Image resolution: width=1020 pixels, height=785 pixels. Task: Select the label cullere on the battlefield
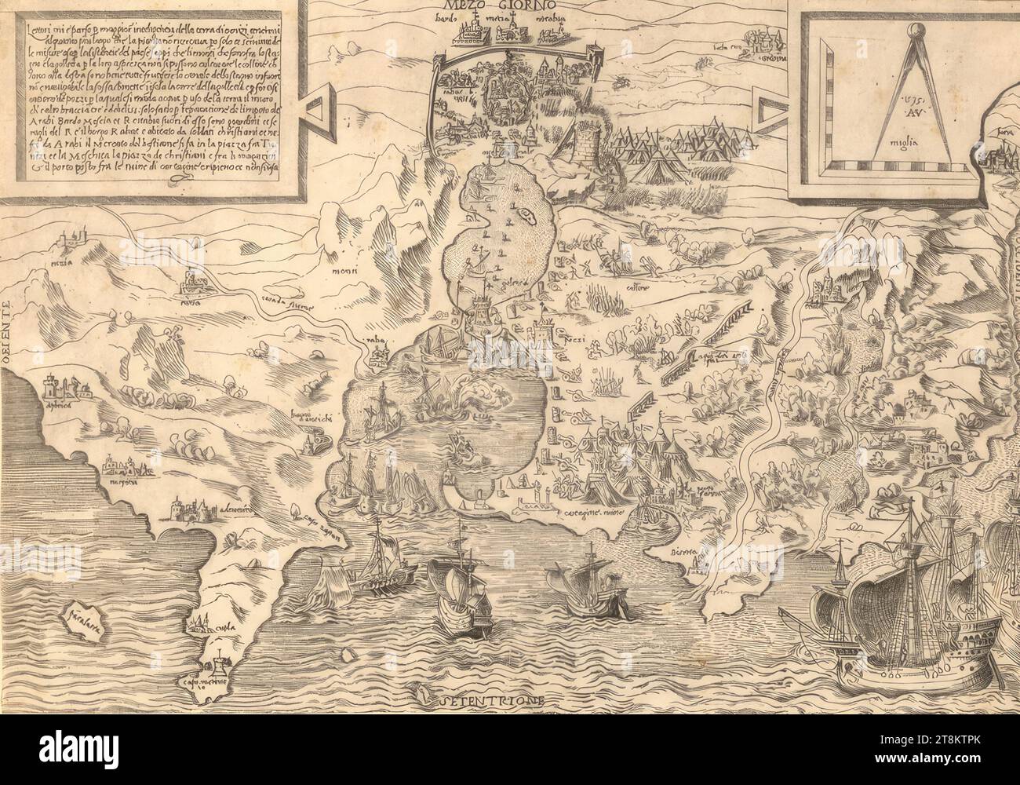tap(633, 287)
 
